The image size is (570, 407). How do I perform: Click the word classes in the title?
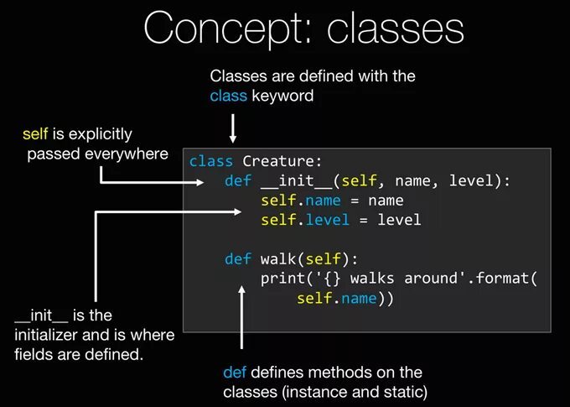[395, 29]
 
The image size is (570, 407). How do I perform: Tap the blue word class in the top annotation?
[228, 96]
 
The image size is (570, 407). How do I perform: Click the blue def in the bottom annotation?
[235, 372]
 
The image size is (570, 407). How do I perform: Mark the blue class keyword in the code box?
[210, 161]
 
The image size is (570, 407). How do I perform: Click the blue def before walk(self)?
[238, 258]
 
